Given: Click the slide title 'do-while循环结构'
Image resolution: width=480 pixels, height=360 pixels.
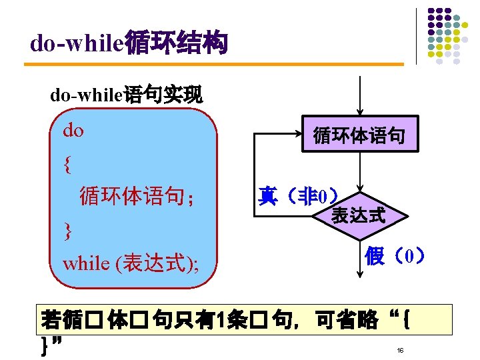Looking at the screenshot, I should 129,44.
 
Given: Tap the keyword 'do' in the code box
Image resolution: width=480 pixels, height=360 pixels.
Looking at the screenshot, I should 73,131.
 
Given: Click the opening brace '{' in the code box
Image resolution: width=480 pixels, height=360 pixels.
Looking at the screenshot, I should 67,163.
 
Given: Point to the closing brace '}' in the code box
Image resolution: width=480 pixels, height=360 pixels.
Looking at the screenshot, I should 67,230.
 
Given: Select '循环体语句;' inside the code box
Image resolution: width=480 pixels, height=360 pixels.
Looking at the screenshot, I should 137,197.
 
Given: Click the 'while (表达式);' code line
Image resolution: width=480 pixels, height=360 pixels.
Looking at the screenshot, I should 130,263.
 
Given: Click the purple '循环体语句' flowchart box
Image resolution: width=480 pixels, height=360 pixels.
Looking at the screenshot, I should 359,137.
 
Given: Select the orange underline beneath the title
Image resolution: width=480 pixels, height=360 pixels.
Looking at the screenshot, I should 213,65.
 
